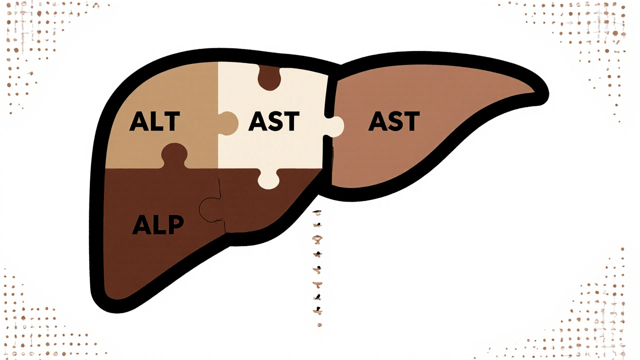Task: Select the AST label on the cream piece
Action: (x=273, y=122)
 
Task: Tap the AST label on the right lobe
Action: (x=394, y=122)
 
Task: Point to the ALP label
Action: (x=158, y=225)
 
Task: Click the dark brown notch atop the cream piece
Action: (x=269, y=78)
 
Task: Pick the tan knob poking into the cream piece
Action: (x=228, y=122)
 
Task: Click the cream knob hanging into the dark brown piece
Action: (x=269, y=179)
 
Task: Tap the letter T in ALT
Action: (x=171, y=122)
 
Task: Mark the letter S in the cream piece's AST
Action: (x=274, y=122)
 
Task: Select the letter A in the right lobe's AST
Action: (x=378, y=122)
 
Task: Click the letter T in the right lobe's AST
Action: (x=410, y=122)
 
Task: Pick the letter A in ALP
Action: (x=141, y=225)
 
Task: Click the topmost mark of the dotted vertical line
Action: (x=317, y=212)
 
